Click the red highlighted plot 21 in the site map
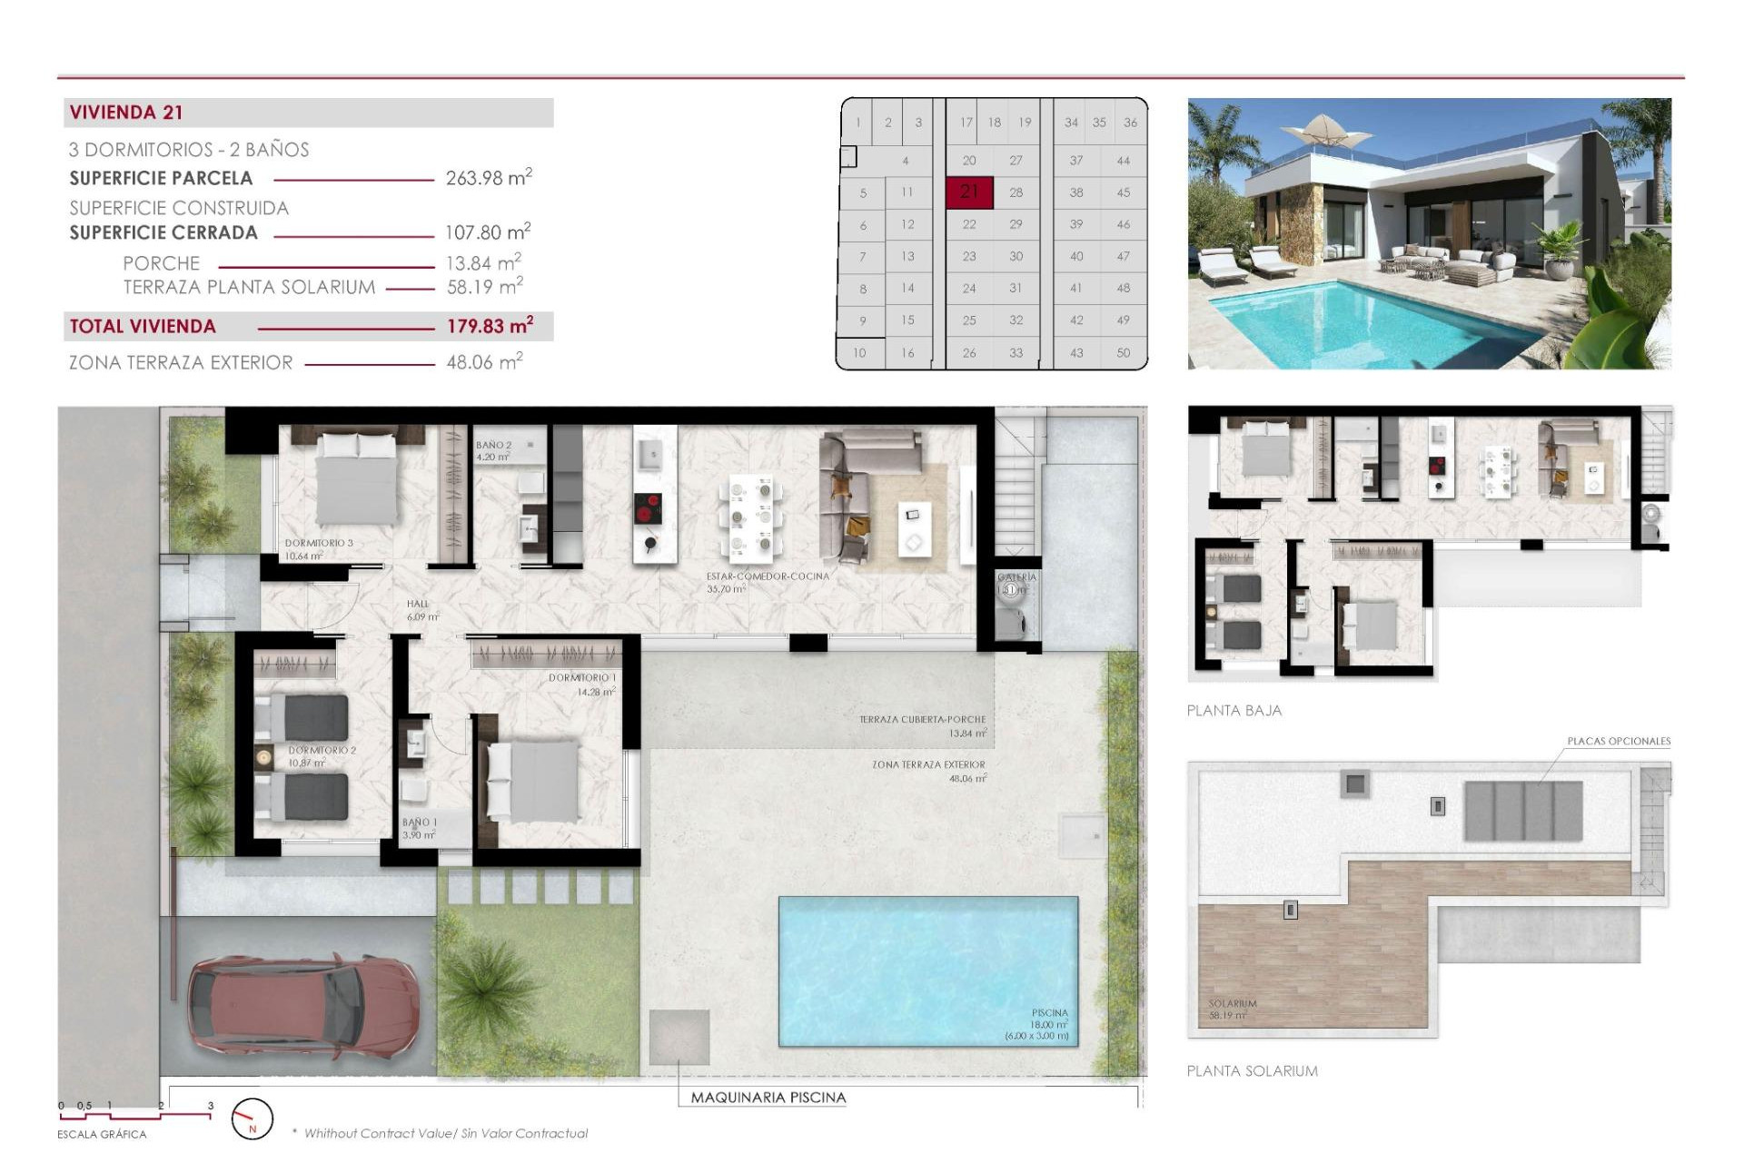(969, 192)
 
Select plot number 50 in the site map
(1123, 352)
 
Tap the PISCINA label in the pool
(1049, 1012)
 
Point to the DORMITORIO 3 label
(319, 543)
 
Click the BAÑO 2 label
(493, 445)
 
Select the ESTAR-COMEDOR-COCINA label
(768, 576)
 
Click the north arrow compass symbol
(252, 1118)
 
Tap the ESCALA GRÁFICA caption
(102, 1134)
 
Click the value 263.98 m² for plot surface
(488, 178)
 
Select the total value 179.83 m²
(489, 326)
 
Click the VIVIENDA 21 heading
(126, 113)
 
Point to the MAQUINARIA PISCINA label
(768, 1098)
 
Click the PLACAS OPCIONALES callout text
(1618, 741)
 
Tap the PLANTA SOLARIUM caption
(1252, 1071)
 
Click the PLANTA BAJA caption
(1234, 711)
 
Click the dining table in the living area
(751, 517)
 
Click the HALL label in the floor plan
(418, 604)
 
